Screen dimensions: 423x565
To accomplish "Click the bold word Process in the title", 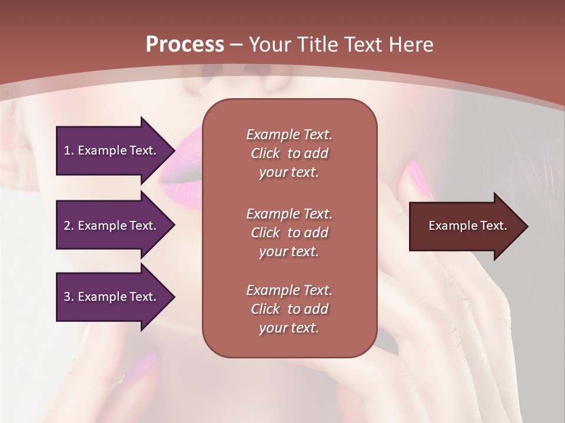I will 185,44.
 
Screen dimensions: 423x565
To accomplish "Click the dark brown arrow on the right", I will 465,226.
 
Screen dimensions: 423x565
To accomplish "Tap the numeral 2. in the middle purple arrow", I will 69,226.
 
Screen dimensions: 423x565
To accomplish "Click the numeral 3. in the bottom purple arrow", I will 69,297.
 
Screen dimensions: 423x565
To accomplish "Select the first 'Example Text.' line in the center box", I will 289,135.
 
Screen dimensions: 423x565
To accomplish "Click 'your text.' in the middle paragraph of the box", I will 289,251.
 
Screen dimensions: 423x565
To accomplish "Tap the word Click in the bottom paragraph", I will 265,309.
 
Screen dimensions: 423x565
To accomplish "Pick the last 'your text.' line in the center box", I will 289,328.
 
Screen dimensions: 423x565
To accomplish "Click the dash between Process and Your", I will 236,44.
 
